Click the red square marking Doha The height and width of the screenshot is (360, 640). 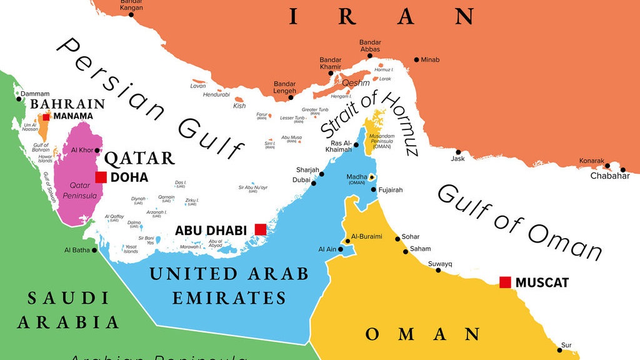[101, 177]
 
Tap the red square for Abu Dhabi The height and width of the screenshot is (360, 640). [260, 229]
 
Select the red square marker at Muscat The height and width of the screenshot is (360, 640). [505, 282]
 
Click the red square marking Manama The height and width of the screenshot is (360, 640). [46, 116]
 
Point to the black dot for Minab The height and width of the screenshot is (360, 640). [416, 60]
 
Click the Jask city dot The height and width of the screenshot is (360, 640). [458, 152]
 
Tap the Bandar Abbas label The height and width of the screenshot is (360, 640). [370, 47]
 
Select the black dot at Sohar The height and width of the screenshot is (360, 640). [397, 239]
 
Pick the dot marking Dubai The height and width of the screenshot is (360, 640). [314, 183]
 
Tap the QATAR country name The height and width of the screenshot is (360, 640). [139, 157]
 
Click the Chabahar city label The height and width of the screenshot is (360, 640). [610, 176]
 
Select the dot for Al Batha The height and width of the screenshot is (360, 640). [94, 250]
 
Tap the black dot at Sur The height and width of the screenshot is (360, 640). [559, 350]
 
